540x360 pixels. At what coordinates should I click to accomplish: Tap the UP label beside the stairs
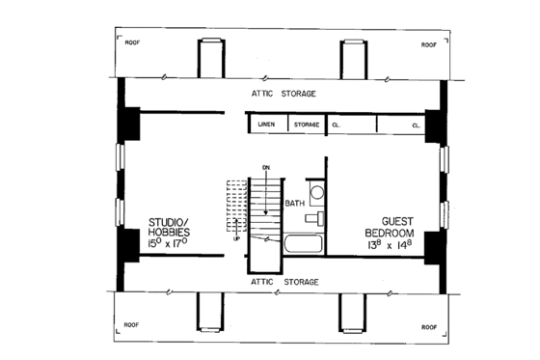[236, 238]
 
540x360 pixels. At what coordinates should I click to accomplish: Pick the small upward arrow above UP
[236, 228]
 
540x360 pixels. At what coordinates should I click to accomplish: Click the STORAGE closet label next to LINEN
[307, 125]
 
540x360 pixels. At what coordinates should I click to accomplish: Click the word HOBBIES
[170, 234]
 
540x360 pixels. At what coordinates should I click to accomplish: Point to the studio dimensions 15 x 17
[170, 245]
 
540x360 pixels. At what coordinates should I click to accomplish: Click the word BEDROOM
[389, 233]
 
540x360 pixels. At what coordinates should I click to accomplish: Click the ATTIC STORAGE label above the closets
[283, 94]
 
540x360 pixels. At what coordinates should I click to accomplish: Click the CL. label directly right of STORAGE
[338, 125]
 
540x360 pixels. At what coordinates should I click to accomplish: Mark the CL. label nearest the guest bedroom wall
[417, 125]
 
